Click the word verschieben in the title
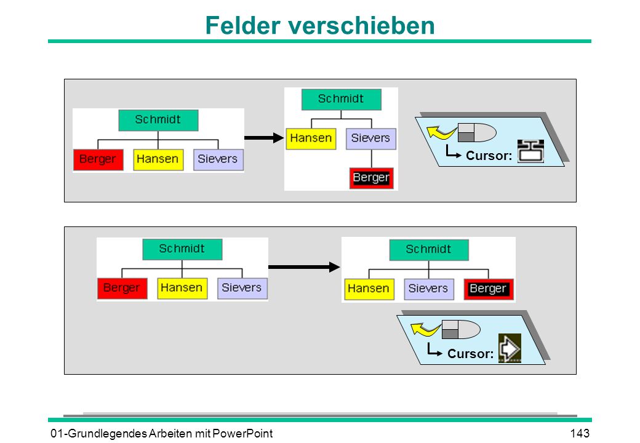pyautogui.click(x=362, y=25)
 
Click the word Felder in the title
pyautogui.click(x=243, y=25)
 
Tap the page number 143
pyautogui.click(x=580, y=433)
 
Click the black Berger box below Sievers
pyautogui.click(x=372, y=178)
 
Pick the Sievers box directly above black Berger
pyautogui.click(x=370, y=138)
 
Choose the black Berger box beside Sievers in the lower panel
pyautogui.click(x=488, y=289)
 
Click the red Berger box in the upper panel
pyautogui.click(x=98, y=159)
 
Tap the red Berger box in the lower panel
pyautogui.click(x=122, y=289)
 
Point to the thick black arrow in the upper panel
pyautogui.click(x=264, y=138)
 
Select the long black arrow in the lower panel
pyautogui.click(x=304, y=267)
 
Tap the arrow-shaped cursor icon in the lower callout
pyautogui.click(x=510, y=348)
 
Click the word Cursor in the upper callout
pyautogui.click(x=489, y=156)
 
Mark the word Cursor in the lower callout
pyautogui.click(x=470, y=353)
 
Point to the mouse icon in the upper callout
pyautogui.click(x=477, y=132)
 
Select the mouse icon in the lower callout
pyautogui.click(x=461, y=329)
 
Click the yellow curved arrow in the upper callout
pyautogui.click(x=441, y=132)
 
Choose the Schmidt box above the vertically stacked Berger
pyautogui.click(x=341, y=100)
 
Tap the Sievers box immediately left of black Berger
pyautogui.click(x=428, y=289)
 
